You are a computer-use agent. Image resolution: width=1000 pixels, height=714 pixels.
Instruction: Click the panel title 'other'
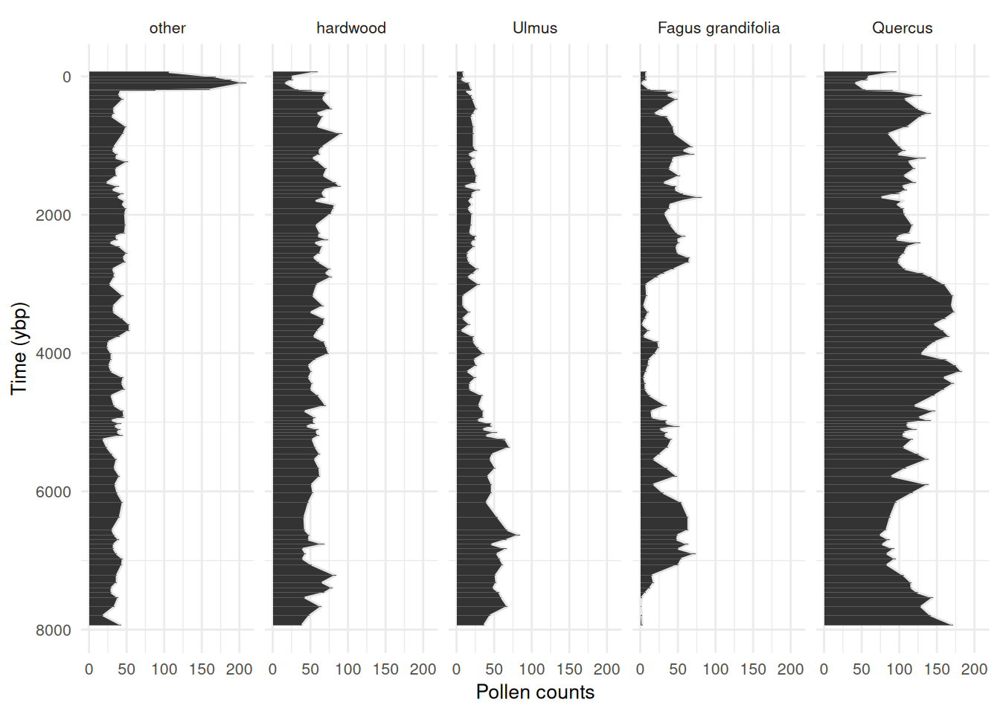167,28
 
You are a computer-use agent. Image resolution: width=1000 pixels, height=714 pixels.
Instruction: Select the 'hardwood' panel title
351,28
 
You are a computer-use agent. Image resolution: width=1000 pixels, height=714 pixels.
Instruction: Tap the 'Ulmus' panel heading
535,28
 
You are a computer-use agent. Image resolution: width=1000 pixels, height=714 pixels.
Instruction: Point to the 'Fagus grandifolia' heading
719,28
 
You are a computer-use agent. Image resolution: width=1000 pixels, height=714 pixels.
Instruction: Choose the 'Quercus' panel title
902,28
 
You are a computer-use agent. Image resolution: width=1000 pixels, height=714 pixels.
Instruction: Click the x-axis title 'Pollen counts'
535,692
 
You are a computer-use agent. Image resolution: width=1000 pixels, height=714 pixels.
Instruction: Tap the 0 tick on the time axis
67,77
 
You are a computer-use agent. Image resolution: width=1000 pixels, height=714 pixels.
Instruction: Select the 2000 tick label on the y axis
54,215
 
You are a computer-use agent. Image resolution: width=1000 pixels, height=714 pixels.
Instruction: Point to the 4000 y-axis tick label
54,353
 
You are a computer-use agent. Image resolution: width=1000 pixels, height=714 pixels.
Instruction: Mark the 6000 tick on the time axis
54,492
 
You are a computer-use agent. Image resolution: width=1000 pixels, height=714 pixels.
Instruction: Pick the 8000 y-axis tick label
54,630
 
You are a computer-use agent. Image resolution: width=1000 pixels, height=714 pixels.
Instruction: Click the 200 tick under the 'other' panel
240,669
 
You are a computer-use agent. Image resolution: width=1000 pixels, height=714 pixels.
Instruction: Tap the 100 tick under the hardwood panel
348,669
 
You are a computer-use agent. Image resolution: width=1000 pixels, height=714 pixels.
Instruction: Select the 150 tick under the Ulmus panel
569,669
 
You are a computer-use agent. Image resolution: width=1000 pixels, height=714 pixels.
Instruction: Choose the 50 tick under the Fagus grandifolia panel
678,669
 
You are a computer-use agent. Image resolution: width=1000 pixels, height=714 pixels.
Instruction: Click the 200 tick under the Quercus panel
974,669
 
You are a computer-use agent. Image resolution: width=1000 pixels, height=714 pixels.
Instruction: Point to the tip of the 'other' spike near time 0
246,83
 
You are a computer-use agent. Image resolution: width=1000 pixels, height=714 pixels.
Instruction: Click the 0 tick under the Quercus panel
824,669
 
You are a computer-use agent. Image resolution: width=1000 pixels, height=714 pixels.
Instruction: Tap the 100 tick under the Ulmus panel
532,669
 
